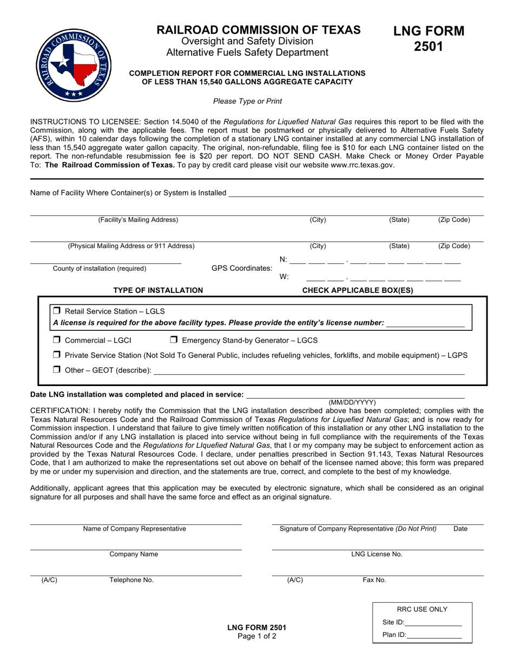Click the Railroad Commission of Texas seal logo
pyautogui.click(x=73, y=64)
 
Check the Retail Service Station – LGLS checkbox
pyautogui.click(x=57, y=311)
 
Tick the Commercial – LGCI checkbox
pyautogui.click(x=57, y=341)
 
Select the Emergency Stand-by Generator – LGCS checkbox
pyautogui.click(x=174, y=341)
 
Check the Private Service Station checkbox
pyautogui.click(x=57, y=355)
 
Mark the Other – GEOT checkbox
pyautogui.click(x=57, y=370)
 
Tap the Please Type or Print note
pyautogui.click(x=247, y=101)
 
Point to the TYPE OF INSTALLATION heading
pyautogui.click(x=158, y=290)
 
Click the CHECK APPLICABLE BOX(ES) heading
pyautogui.click(x=358, y=290)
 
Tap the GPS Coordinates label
pyautogui.click(x=242, y=269)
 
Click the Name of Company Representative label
pyautogui.click(x=135, y=529)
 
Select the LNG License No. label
pyautogui.click(x=377, y=554)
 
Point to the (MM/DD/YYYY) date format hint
pyautogui.click(x=352, y=402)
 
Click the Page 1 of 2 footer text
pyautogui.click(x=257, y=637)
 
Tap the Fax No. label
pyautogui.click(x=374, y=580)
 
